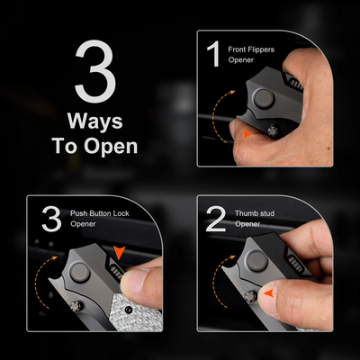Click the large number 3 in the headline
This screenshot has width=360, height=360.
coord(95,71)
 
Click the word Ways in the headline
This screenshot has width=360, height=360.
coord(95,121)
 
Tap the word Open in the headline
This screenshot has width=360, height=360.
coord(111,147)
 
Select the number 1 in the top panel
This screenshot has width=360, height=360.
coord(214,54)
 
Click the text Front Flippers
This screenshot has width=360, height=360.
coord(251,49)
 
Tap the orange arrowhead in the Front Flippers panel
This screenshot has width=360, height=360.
coord(247,134)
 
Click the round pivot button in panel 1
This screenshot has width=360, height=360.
coord(264,98)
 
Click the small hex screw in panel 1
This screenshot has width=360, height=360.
coord(273,131)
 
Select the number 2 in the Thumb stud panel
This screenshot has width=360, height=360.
coord(216,219)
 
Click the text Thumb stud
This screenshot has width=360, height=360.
coord(255,213)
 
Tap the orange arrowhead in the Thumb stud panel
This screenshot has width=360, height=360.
coord(268,293)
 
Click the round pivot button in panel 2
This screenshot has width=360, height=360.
coord(256,261)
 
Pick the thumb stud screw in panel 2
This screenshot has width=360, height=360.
coord(250,296)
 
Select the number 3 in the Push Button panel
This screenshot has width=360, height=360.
coord(51,219)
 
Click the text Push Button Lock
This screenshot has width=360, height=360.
coord(100,213)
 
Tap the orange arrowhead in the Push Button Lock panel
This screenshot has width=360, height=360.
coord(119,253)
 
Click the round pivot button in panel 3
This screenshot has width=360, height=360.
coord(80,273)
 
